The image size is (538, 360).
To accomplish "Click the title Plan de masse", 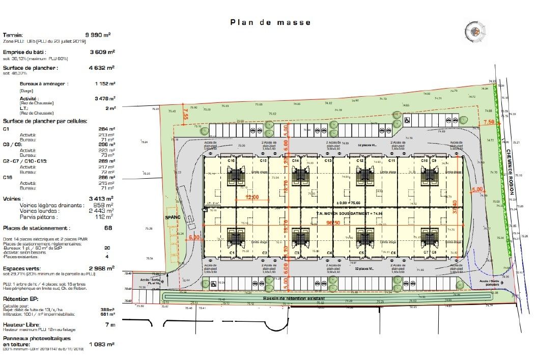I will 270,22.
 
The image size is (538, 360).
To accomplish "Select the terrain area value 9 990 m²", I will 100,35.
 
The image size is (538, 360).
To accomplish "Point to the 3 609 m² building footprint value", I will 102,52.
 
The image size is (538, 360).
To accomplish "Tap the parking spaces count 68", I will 108,228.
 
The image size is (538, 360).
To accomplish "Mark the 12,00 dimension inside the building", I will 252,197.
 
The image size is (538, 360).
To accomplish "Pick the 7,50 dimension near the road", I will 489,122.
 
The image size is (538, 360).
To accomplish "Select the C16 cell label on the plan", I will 231,160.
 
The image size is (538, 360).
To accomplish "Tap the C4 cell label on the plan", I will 329,253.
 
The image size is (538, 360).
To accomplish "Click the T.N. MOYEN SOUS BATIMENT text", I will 349,214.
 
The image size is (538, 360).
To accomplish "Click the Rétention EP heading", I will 21,298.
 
